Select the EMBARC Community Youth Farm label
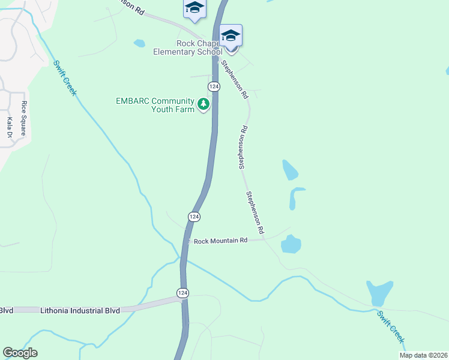tap(155, 105)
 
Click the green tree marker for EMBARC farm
tap(204, 105)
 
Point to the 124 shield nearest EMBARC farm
tap(214, 87)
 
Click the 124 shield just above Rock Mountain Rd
tap(194, 216)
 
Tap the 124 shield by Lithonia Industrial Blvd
tap(182, 292)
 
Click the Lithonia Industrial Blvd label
tap(80, 311)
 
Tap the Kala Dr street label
tap(10, 128)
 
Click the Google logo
tap(20, 353)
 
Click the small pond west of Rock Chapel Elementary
tap(139, 43)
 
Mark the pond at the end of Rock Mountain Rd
tap(291, 244)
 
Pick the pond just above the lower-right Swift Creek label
tap(379, 293)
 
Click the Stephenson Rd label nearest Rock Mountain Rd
tap(255, 212)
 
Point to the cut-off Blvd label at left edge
tap(7, 311)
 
